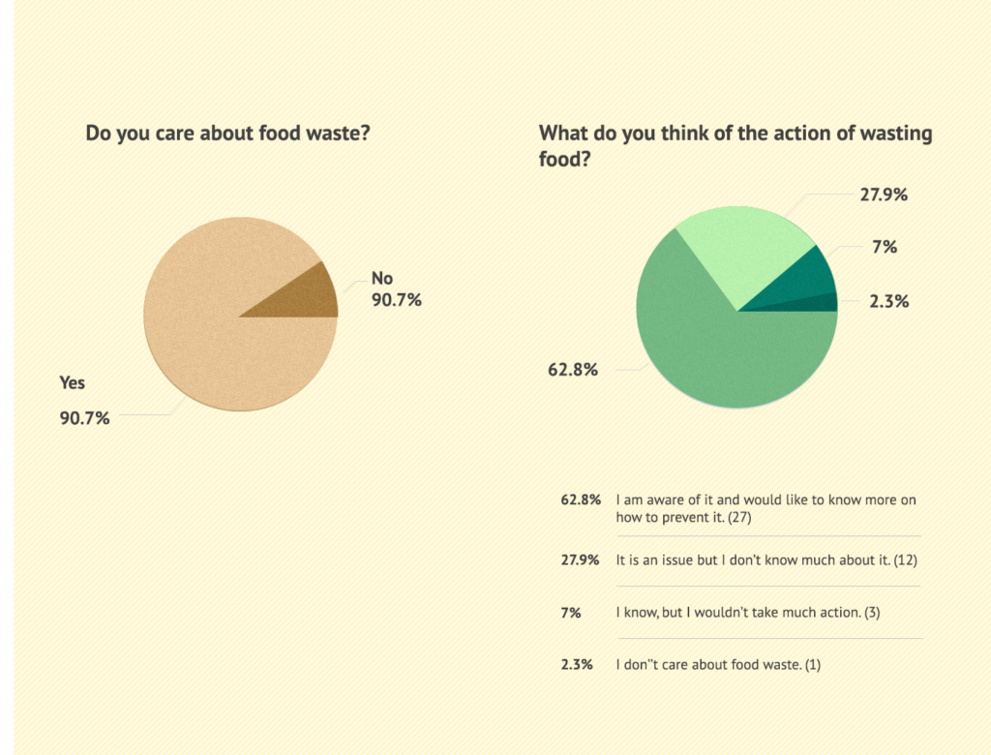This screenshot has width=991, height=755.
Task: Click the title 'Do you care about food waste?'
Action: (x=227, y=133)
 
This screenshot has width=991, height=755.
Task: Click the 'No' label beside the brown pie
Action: (x=382, y=279)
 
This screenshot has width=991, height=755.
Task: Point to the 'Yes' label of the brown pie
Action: (x=73, y=382)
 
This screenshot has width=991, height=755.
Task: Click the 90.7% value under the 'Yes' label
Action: (x=85, y=418)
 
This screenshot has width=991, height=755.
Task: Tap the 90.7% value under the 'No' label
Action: (x=397, y=300)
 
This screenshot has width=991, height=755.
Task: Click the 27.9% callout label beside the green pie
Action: (x=884, y=194)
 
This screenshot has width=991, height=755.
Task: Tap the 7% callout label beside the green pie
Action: (x=884, y=247)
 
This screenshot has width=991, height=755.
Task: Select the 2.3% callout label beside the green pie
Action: (x=887, y=301)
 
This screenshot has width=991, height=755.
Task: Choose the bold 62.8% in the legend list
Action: (x=582, y=500)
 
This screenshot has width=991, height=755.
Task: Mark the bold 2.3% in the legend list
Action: (x=577, y=665)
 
